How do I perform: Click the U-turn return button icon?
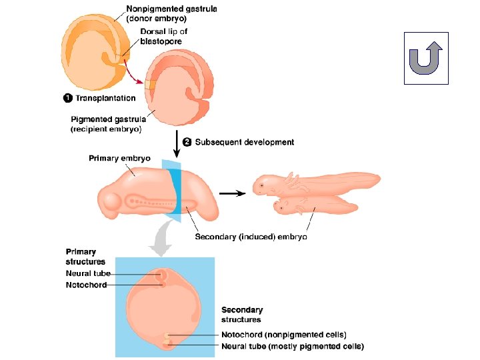[x=427, y=58]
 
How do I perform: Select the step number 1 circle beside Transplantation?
[x=67, y=98]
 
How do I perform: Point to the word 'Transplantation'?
[x=105, y=98]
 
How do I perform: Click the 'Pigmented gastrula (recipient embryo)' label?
[x=106, y=124]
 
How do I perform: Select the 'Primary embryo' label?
[x=120, y=158]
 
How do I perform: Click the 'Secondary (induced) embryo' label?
[x=251, y=237]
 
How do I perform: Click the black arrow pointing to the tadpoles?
[x=232, y=193]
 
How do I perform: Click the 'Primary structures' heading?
[x=81, y=257]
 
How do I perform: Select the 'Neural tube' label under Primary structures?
[x=88, y=273]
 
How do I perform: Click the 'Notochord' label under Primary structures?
[x=86, y=285]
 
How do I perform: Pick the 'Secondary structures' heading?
[x=242, y=315]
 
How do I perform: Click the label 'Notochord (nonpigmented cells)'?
[x=284, y=335]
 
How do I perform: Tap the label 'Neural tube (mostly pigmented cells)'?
[x=293, y=346]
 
